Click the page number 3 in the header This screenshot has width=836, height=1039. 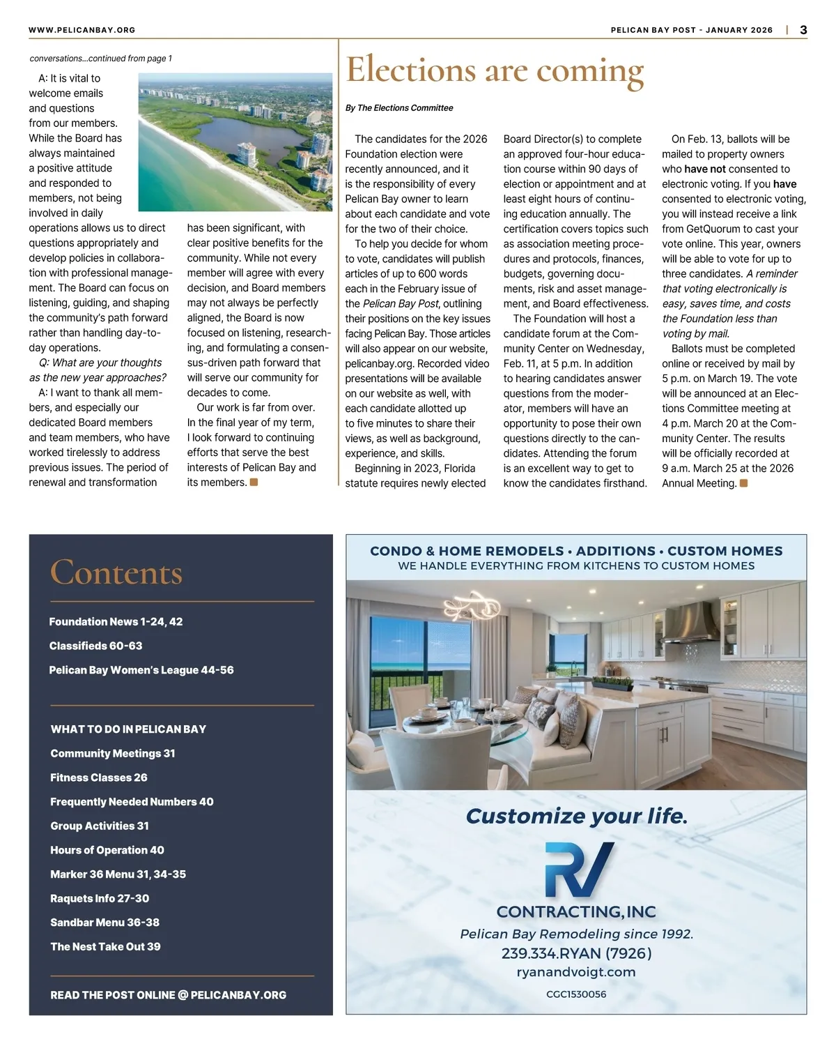(x=803, y=30)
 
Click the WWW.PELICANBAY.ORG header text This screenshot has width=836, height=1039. (x=82, y=30)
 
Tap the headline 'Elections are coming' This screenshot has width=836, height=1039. (x=495, y=71)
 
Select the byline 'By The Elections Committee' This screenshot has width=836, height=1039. (x=399, y=108)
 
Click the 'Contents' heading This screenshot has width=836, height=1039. (x=116, y=572)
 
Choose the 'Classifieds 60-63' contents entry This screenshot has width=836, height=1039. (x=95, y=646)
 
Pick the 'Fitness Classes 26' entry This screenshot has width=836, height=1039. (x=99, y=778)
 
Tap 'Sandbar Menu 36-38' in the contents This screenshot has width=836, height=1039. (x=104, y=923)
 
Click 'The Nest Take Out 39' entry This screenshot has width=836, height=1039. (x=105, y=946)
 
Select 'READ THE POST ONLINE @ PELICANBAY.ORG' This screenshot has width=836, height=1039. (x=168, y=995)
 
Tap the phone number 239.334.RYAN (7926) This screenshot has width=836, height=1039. (x=576, y=953)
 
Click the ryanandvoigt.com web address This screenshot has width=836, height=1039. (x=576, y=972)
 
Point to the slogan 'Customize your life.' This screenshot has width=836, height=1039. (x=576, y=816)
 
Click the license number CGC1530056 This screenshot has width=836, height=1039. (x=576, y=994)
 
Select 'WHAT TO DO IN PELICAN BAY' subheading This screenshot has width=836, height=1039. (x=128, y=729)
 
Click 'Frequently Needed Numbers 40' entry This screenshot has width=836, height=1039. (x=132, y=802)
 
